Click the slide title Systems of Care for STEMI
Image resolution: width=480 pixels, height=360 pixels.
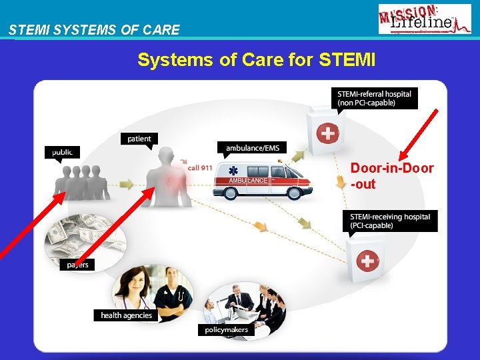(x=257, y=60)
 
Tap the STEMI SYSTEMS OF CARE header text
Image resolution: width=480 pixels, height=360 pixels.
(x=94, y=30)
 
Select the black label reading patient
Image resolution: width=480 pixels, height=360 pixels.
(x=139, y=139)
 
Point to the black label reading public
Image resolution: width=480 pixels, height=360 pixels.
(x=63, y=152)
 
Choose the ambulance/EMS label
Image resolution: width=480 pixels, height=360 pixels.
(x=253, y=147)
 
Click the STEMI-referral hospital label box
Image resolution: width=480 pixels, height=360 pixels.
(x=375, y=98)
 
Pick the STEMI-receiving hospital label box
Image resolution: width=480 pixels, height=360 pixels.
(x=391, y=221)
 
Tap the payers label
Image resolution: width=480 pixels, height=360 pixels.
(x=77, y=265)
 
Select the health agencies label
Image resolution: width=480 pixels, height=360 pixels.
(x=127, y=315)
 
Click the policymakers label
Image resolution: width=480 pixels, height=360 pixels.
(x=227, y=329)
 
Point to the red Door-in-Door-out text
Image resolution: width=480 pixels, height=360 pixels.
(x=392, y=176)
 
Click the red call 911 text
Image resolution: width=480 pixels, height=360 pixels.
(x=200, y=167)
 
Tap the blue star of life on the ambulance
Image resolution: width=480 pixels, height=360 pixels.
(x=233, y=172)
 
